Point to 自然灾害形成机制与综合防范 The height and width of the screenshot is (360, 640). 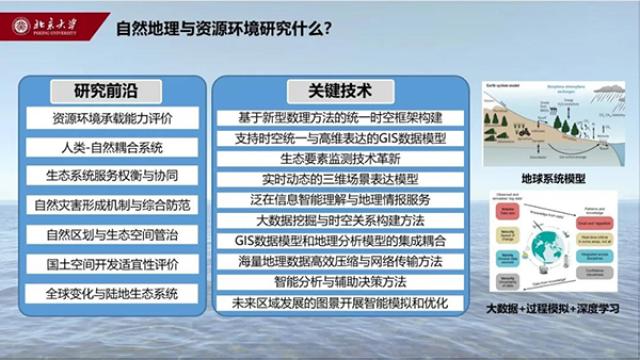[112, 206]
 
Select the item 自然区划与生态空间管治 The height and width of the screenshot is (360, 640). [112, 236]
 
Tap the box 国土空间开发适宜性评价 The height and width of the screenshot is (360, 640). [112, 265]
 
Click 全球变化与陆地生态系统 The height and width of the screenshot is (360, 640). [112, 294]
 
